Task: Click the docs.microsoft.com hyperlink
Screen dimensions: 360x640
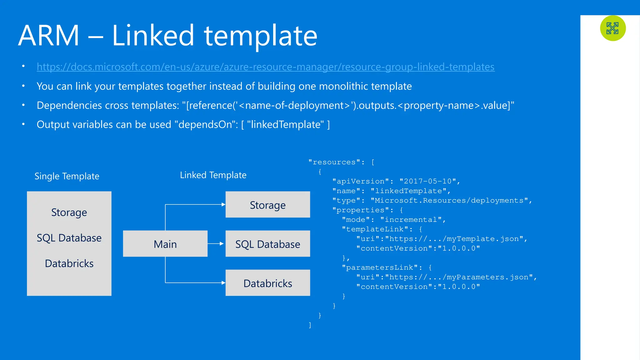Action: coord(266,67)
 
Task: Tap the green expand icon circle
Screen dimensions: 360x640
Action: coord(612,28)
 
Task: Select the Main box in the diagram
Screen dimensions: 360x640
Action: coord(165,244)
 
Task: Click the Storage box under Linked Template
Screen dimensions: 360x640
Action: coord(267,205)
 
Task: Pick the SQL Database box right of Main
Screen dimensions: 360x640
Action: coord(267,244)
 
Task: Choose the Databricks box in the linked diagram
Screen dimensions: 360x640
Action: coord(267,283)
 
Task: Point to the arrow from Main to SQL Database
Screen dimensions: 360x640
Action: coord(216,243)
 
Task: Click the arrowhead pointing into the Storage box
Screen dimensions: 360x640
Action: coord(223,204)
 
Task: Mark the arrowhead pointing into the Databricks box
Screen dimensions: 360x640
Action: coord(223,283)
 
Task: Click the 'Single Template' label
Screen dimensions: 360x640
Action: coord(67,176)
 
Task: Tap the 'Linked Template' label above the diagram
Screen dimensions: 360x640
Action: coord(213,175)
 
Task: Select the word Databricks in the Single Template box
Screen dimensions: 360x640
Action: coord(69,263)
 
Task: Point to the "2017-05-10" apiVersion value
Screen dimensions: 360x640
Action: coord(427,181)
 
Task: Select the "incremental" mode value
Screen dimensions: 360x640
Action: coord(411,220)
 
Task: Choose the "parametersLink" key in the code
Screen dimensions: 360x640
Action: coord(379,268)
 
